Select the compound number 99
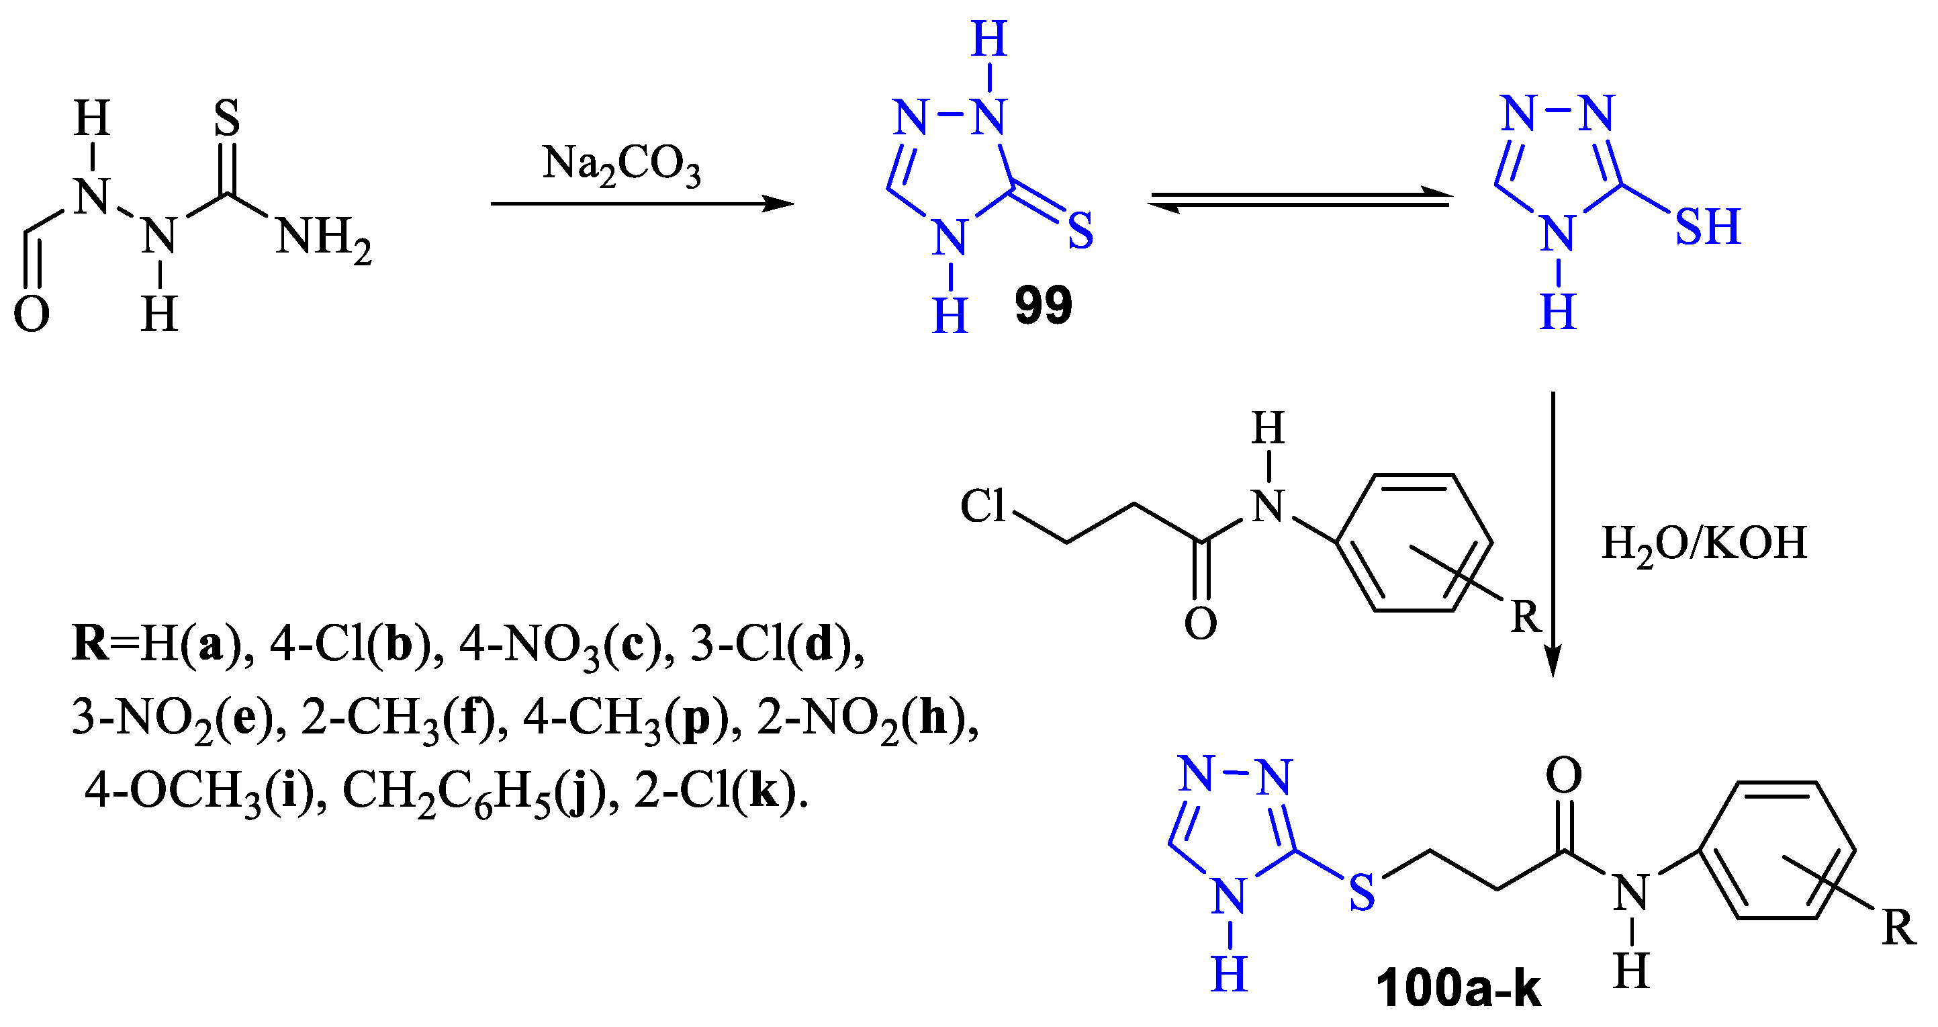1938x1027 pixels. pos(1043,306)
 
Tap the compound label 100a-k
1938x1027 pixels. pos(1458,987)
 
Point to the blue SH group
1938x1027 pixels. pos(1707,226)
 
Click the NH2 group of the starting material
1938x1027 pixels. pos(324,238)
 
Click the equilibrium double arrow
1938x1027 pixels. pos(1300,200)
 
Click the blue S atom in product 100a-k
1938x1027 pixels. pos(1362,894)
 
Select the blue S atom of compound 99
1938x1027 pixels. pos(1080,230)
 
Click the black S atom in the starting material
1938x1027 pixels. pos(226,118)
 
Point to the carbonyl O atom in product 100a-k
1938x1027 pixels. pos(1563,776)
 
